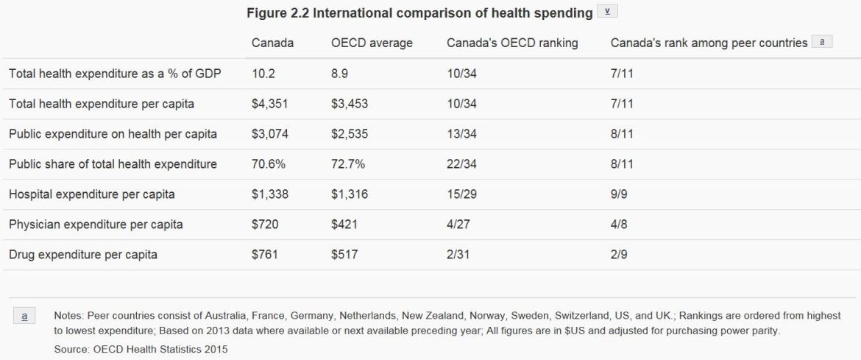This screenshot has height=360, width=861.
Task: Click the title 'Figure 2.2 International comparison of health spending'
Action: coord(419,13)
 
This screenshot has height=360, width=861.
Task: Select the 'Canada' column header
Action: coord(272,43)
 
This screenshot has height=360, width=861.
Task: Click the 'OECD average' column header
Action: coord(372,43)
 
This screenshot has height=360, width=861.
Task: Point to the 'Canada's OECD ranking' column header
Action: coord(512,43)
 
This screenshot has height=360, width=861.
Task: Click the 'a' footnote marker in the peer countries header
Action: coord(821,43)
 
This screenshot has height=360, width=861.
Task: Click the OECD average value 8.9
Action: coord(341,74)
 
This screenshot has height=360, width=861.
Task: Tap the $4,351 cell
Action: coord(269,104)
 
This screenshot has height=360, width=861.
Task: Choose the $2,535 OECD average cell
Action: coord(350,134)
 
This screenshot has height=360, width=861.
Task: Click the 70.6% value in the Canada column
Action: coord(268,164)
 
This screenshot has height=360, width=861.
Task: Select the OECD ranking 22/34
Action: coord(461,164)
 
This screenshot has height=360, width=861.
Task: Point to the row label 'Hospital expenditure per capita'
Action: coord(91,194)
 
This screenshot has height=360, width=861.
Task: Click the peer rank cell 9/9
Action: coord(619,194)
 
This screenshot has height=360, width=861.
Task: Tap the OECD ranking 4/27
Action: coord(458,225)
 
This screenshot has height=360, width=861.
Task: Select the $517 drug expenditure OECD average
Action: coord(344,255)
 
